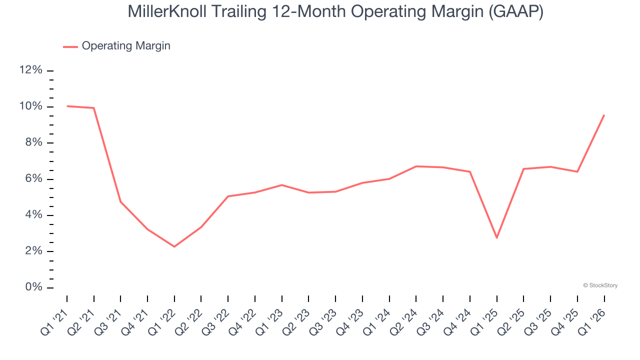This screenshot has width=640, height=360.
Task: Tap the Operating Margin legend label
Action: point(125,46)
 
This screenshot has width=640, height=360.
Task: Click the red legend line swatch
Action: point(70,46)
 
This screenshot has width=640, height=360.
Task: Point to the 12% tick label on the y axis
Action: point(30,70)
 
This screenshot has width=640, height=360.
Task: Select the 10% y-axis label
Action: point(30,106)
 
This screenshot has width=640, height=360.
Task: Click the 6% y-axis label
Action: point(33,179)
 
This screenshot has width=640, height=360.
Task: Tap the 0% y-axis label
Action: point(33,287)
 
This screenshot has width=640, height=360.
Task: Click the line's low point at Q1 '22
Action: point(174,246)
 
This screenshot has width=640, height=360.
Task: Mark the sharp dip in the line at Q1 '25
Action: point(496,237)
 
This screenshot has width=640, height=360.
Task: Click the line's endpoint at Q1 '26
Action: point(604,115)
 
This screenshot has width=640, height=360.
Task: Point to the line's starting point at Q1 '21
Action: point(67,106)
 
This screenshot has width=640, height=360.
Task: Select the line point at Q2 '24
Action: point(416,166)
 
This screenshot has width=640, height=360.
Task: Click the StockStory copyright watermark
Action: point(600,285)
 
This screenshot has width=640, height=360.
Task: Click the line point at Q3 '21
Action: point(120,201)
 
